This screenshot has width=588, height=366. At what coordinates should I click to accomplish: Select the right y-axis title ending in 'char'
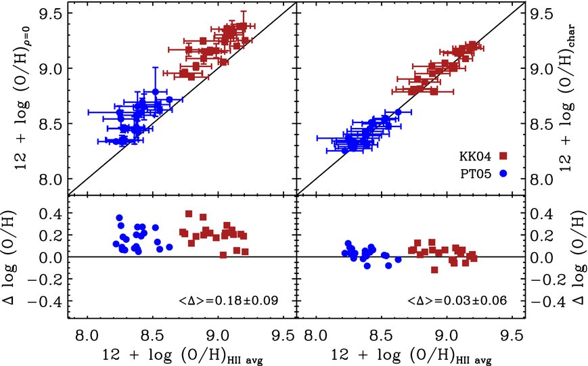pyautogui.click(x=564, y=99)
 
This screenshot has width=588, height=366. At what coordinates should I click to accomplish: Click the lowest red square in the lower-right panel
pyautogui.click(x=434, y=270)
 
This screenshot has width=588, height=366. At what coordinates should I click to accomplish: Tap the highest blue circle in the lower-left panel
pyautogui.click(x=120, y=218)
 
